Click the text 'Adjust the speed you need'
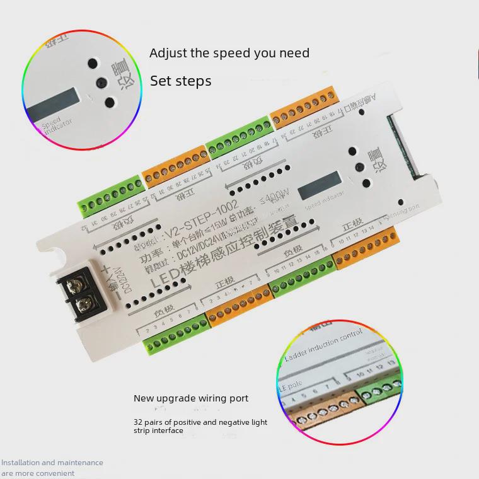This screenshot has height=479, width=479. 229,53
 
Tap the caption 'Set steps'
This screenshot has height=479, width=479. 180,81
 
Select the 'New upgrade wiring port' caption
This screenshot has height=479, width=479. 190,398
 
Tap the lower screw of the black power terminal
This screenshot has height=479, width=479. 83,308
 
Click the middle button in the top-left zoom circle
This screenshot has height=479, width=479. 101,82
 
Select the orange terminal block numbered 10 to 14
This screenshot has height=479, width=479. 367,248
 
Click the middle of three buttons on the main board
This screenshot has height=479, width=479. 360,167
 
